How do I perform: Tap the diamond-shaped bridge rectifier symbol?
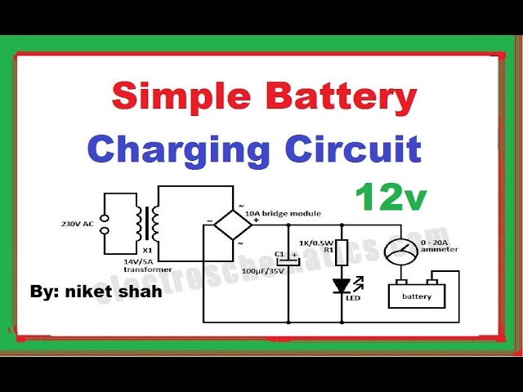click(x=226, y=223)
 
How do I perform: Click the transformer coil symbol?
click(x=149, y=224)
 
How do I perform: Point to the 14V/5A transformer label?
click(x=148, y=265)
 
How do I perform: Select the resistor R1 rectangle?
click(x=342, y=252)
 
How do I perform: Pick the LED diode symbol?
click(x=342, y=286)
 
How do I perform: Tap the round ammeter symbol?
click(x=402, y=252)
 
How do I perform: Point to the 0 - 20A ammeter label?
click(x=436, y=248)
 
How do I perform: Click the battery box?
click(x=417, y=296)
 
